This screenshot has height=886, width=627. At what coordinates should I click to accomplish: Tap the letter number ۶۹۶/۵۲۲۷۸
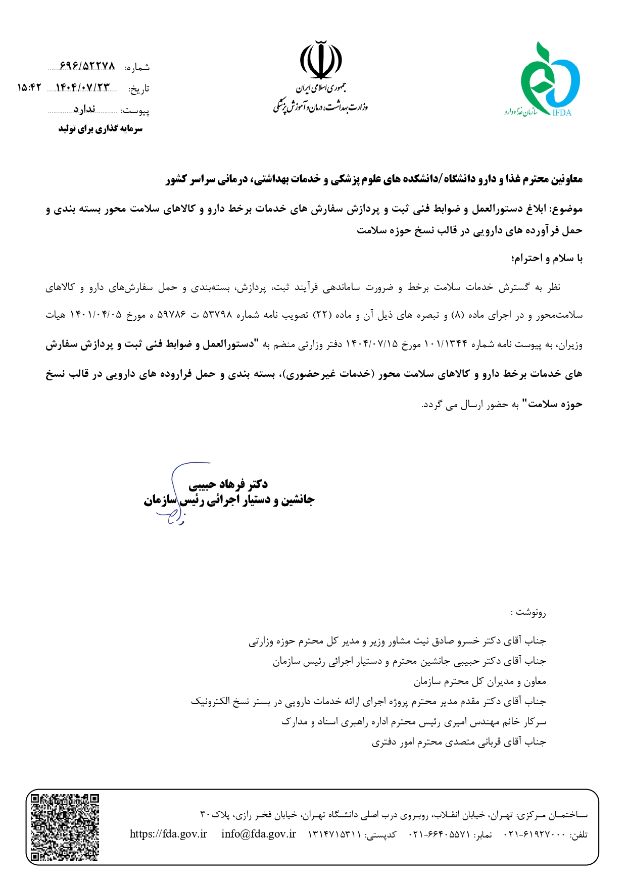pyautogui.click(x=87, y=66)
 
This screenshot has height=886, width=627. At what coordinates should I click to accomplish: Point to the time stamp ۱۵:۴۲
pyautogui.click(x=28, y=88)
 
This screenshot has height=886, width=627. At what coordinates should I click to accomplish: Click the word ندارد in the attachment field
pyautogui.click(x=84, y=110)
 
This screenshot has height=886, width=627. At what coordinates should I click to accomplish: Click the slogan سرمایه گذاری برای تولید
pyautogui.click(x=101, y=129)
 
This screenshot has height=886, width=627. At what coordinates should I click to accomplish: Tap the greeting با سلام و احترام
pyautogui.click(x=547, y=258)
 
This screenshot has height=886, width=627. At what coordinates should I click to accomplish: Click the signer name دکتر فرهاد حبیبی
pyautogui.click(x=228, y=484)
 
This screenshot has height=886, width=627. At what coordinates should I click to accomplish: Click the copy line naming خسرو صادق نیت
pyautogui.click(x=397, y=641)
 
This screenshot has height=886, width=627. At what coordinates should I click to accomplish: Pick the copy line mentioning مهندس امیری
pyautogui.click(x=413, y=722)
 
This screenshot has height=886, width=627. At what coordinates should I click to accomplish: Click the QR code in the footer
pyautogui.click(x=65, y=827)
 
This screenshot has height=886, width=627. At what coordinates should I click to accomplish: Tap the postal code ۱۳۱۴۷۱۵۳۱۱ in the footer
pyautogui.click(x=334, y=834)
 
